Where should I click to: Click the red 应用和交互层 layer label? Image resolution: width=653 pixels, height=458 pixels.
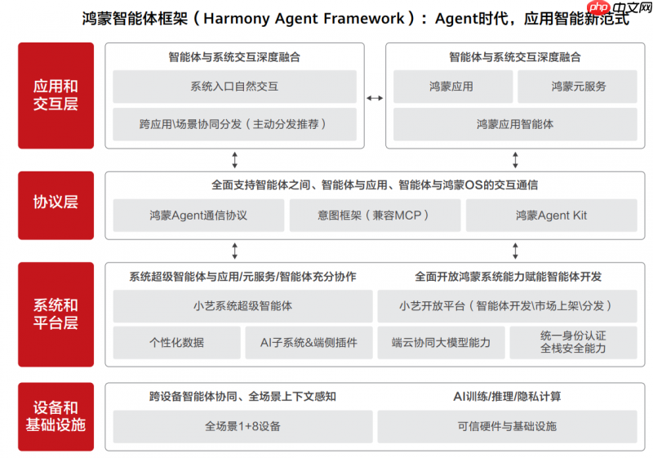pos(56,96)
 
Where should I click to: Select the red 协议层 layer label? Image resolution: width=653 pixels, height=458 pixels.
pos(56,202)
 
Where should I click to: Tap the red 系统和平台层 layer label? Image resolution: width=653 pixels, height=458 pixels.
pos(56,313)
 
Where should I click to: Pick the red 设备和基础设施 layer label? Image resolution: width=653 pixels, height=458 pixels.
pos(56,416)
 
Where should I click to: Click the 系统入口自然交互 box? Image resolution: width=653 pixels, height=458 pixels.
pos(234,87)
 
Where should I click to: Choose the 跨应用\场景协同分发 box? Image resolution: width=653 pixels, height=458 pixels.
pos(234,125)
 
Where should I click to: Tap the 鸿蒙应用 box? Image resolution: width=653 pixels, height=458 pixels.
pos(452,87)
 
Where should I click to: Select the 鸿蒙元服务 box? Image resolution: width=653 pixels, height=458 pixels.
pos(579,87)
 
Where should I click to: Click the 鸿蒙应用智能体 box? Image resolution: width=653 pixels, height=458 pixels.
pos(515,125)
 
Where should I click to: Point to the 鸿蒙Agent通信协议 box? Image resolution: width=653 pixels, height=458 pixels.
pos(198,216)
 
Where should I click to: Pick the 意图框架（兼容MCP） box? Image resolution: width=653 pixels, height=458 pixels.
pos(374,216)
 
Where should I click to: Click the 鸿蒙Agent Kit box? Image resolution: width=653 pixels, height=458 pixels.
pos(551,216)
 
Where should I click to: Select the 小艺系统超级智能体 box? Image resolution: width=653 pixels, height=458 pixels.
pos(242,306)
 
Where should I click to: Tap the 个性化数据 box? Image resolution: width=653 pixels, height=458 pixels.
pos(176,343)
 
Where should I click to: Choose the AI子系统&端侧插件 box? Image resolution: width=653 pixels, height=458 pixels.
pos(309,343)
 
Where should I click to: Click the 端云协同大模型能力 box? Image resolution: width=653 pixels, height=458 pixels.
pos(441,343)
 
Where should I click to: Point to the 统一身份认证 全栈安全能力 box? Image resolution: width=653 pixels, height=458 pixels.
pos(573,343)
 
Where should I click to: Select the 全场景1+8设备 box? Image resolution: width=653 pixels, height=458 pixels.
pos(242,426)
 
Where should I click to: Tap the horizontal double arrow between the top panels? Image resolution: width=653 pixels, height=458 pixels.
pos(375,98)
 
